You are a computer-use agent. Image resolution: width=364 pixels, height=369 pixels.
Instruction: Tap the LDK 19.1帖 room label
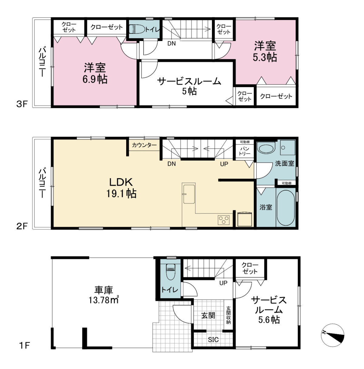pyautogui.click(x=121, y=188)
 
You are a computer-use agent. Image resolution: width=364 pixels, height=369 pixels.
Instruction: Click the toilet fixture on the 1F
pyautogui.click(x=170, y=272)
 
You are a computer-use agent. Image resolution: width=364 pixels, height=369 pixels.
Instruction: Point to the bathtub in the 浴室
pyautogui.click(x=286, y=208)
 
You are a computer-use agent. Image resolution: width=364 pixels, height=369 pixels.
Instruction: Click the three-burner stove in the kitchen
pyautogui.click(x=224, y=220)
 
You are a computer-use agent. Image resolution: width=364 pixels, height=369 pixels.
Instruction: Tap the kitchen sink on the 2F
pyautogui.click(x=189, y=194)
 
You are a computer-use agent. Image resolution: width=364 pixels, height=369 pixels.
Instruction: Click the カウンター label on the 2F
pyautogui.click(x=144, y=145)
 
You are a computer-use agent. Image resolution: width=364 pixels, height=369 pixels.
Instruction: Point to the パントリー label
pyautogui.click(x=244, y=151)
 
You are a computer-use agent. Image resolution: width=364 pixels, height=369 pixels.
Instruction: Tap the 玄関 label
pyautogui.click(x=208, y=316)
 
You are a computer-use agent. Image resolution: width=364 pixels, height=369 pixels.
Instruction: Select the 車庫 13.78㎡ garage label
pyautogui.click(x=104, y=295)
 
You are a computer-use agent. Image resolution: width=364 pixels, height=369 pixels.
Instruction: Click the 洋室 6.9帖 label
pyautogui.click(x=95, y=73)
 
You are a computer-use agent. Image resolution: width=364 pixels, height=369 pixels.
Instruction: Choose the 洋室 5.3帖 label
pyautogui.click(x=265, y=51)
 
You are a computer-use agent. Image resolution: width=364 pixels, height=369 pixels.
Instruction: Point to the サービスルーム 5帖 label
pyautogui.click(x=189, y=86)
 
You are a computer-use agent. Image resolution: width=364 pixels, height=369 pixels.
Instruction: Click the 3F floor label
pyautogui.click(x=22, y=104)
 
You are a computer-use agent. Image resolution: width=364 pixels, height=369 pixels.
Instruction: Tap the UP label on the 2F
pyautogui.click(x=224, y=164)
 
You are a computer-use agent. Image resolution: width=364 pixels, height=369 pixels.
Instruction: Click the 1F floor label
pyautogui.click(x=24, y=346)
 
